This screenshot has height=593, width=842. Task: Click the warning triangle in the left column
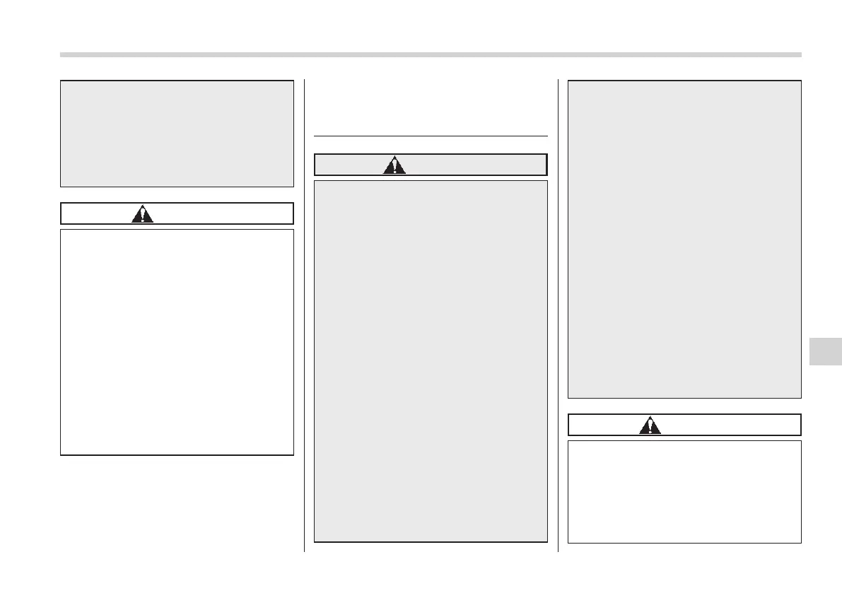pyautogui.click(x=142, y=214)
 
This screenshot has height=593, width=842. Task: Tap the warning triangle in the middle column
pyautogui.click(x=394, y=165)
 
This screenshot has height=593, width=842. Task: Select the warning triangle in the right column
pyautogui.click(x=650, y=425)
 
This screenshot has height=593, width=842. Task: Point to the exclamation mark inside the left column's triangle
pyautogui.click(x=142, y=216)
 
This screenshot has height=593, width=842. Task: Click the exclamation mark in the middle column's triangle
pyautogui.click(x=394, y=167)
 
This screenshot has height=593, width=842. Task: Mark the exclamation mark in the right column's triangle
pyautogui.click(x=650, y=426)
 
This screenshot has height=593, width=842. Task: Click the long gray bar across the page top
pyautogui.click(x=431, y=54)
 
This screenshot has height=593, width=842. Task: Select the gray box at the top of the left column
pyautogui.click(x=177, y=133)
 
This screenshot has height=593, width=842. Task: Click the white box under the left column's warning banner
pyautogui.click(x=177, y=341)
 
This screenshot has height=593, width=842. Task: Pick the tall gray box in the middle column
pyautogui.click(x=431, y=360)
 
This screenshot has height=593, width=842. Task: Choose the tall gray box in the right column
pyautogui.click(x=684, y=239)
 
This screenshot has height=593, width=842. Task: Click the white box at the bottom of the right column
pyautogui.click(x=684, y=492)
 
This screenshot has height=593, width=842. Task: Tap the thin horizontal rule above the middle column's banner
pyautogui.click(x=431, y=136)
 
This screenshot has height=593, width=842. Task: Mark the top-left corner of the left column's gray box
pyautogui.click(x=61, y=81)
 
